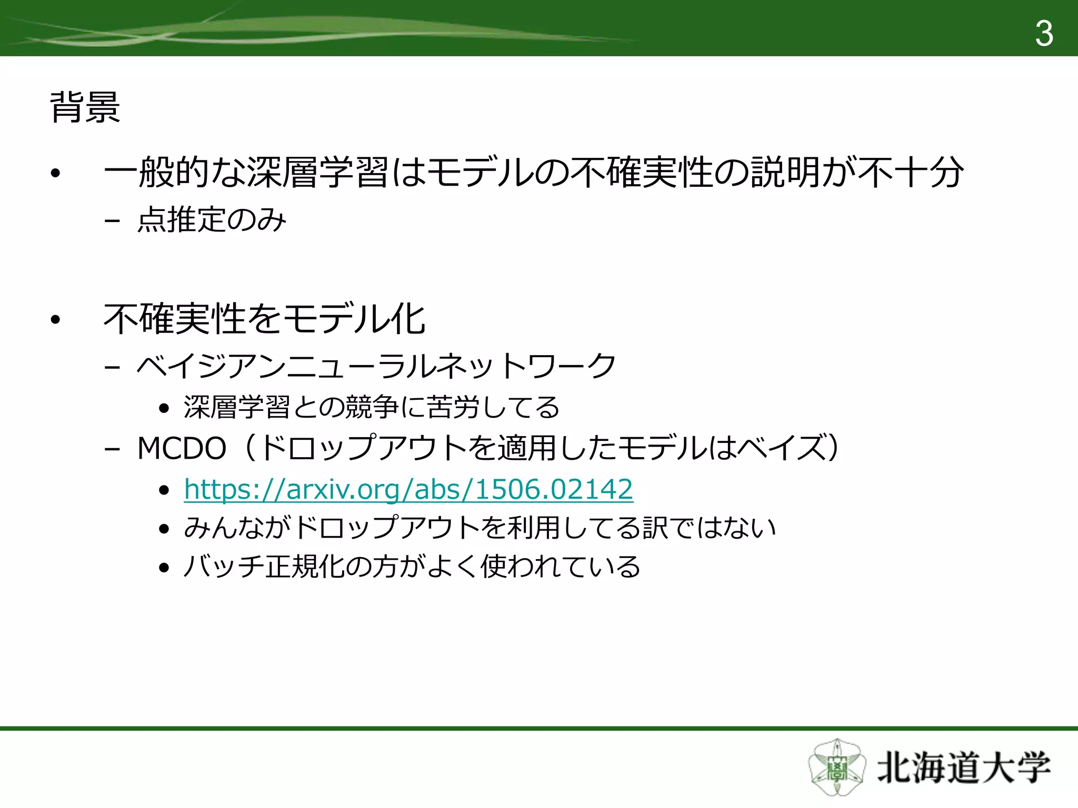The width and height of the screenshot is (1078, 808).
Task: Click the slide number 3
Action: point(1044,34)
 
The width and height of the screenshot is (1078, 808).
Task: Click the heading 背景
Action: point(85,107)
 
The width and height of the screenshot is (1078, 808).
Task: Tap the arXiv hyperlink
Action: point(408,489)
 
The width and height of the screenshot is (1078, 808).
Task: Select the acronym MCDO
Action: point(182,449)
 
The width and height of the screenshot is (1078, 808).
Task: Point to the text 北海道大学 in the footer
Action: point(963,769)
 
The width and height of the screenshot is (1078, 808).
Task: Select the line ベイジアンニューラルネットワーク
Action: point(376,366)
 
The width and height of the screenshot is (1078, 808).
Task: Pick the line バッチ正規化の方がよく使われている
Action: point(412,567)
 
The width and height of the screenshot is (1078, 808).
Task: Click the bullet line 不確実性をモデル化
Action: point(264,319)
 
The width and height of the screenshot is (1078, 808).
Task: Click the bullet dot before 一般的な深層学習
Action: point(56,173)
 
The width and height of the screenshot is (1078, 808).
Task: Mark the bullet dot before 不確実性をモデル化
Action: point(56,319)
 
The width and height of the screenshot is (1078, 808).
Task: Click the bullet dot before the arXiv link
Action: point(164,490)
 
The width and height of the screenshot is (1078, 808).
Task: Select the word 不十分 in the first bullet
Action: point(911,173)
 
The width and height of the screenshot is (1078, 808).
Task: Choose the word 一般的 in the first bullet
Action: point(156,173)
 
